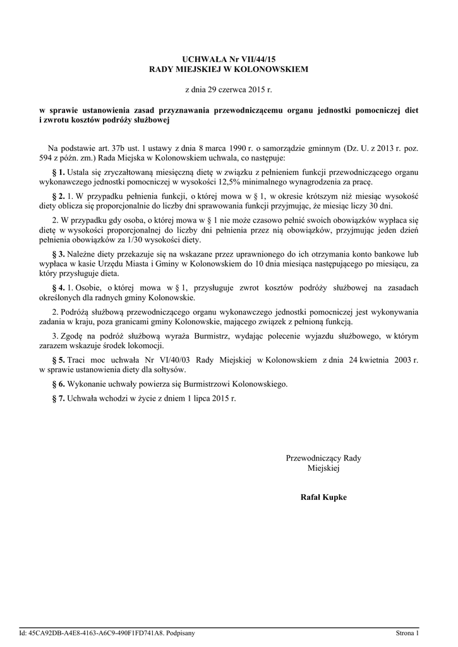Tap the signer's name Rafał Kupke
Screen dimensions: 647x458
(323, 497)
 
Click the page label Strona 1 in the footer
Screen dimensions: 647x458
(407, 632)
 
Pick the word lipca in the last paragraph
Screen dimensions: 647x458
(203, 398)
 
